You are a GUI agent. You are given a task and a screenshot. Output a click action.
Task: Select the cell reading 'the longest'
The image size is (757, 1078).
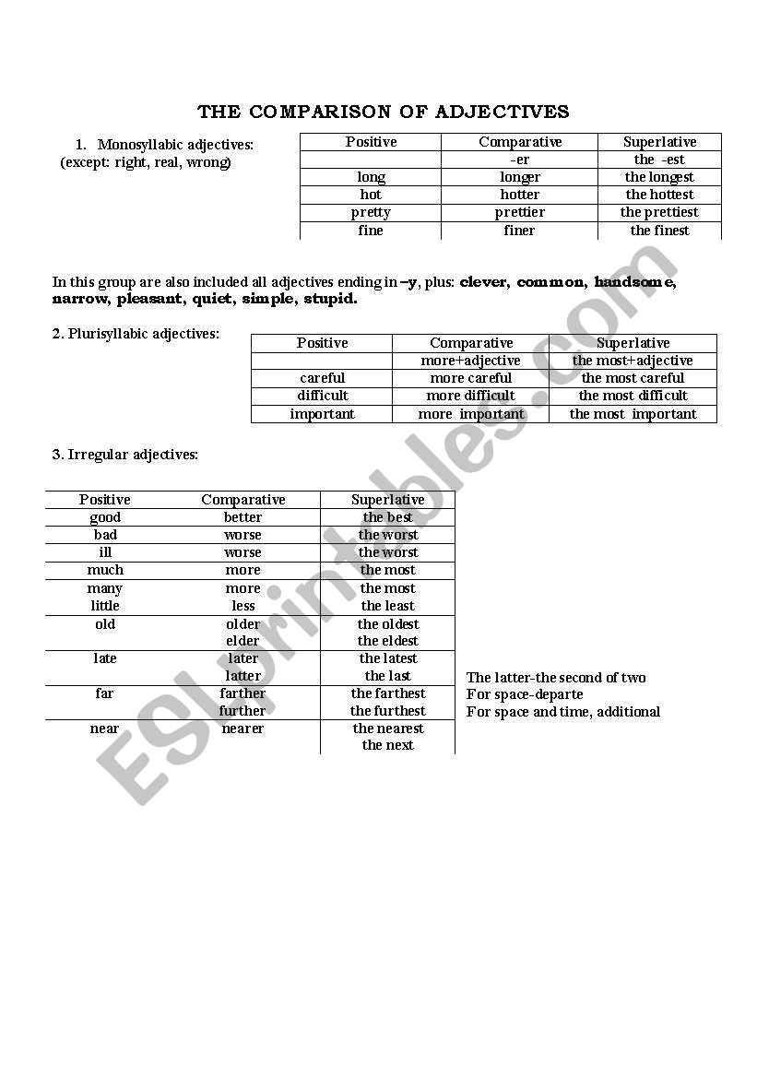click(x=659, y=177)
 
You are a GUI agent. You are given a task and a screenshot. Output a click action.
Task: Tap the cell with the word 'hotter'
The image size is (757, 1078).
click(x=519, y=195)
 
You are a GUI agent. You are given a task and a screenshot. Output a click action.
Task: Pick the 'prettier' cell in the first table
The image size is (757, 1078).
click(x=519, y=212)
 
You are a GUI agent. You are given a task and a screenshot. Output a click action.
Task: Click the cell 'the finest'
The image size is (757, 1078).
click(x=659, y=231)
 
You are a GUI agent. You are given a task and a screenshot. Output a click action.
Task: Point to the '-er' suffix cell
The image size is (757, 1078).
click(x=519, y=160)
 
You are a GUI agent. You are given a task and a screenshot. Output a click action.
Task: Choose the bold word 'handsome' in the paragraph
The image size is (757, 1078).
click(x=634, y=282)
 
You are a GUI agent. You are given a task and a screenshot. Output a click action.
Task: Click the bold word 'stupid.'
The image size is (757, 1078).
click(x=330, y=300)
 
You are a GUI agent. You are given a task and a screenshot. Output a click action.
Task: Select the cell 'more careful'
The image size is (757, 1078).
click(x=470, y=378)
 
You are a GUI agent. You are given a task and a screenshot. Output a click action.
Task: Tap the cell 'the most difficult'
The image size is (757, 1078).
click(x=633, y=396)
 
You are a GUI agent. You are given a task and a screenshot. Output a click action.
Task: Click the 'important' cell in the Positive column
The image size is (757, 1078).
click(x=322, y=414)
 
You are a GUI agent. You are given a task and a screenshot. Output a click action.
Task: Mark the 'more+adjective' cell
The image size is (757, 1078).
click(x=470, y=361)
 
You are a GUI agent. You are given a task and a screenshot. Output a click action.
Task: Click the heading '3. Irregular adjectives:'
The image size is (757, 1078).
click(x=125, y=454)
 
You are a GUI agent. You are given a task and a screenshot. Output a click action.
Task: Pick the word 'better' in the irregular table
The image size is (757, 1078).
click(x=242, y=517)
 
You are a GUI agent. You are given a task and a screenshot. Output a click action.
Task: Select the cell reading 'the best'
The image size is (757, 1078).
click(x=387, y=517)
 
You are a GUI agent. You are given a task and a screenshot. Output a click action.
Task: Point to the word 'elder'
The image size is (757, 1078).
click(x=242, y=641)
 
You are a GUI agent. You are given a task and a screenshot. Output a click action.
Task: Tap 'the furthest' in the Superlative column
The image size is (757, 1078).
click(x=387, y=711)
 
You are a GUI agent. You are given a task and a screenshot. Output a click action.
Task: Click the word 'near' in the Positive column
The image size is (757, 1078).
click(x=104, y=729)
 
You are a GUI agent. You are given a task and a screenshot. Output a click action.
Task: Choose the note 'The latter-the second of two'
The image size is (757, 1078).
click(x=556, y=678)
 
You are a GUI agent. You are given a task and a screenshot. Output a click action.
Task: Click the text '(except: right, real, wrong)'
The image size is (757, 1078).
click(x=146, y=162)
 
